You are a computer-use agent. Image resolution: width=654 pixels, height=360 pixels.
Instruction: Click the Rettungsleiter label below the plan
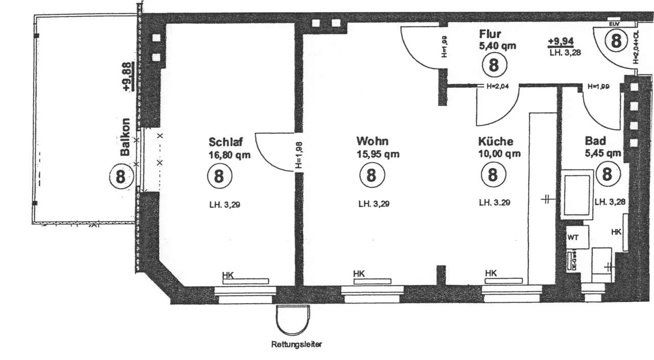(x=296, y=345)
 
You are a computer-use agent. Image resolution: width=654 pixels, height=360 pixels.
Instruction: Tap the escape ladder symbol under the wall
(x=293, y=319)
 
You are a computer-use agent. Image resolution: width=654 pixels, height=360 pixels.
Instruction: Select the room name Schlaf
(x=226, y=141)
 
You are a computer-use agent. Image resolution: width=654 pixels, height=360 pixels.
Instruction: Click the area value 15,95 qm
(x=378, y=154)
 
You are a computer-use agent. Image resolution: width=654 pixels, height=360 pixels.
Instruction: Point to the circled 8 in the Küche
(x=493, y=175)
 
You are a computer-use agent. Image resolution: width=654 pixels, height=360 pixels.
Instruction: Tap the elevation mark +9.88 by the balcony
(x=127, y=76)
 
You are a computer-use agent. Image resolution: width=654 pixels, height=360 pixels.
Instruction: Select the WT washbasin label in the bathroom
(x=572, y=237)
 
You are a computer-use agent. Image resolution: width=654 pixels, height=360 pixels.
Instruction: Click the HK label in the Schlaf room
(x=228, y=275)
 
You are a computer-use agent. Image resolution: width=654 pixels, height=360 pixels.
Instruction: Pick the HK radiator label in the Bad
(x=617, y=232)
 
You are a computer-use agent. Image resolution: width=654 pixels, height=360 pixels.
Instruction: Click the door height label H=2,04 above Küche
(x=499, y=86)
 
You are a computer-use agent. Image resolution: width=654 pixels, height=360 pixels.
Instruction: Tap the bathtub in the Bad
(x=576, y=196)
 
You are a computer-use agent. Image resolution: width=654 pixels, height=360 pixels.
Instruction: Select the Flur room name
(x=490, y=34)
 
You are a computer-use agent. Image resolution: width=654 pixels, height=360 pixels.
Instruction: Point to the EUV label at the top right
(x=614, y=24)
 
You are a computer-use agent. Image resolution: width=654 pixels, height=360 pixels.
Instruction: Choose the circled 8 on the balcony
(x=121, y=177)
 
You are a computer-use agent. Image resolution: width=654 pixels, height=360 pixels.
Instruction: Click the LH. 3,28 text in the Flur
(x=564, y=52)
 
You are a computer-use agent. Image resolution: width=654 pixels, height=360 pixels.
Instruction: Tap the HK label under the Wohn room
(x=359, y=275)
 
